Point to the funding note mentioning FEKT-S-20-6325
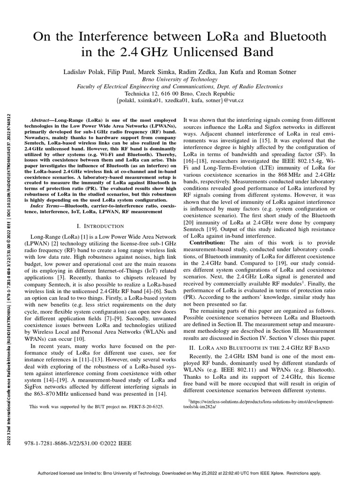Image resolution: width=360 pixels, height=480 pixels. point(97,407)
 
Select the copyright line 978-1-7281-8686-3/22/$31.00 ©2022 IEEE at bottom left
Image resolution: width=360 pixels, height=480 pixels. point(77,442)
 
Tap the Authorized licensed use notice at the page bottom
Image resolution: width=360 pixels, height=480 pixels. point(180,473)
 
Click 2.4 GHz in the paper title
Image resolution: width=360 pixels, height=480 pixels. point(135,52)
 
